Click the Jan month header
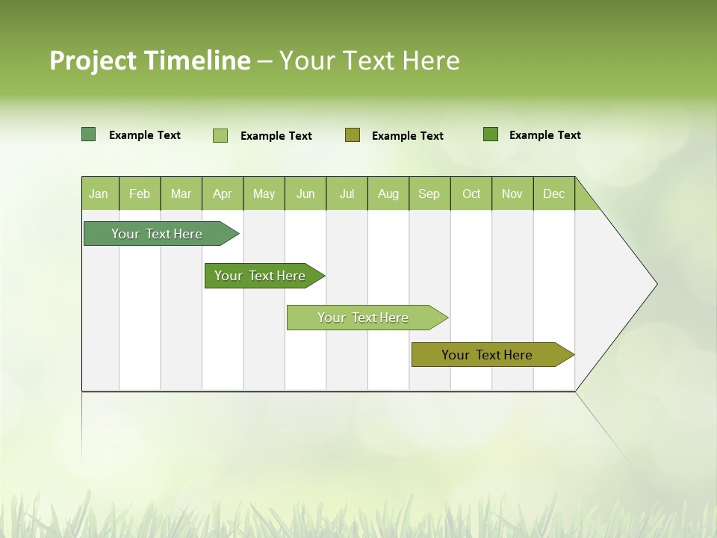(99, 194)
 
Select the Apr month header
(222, 194)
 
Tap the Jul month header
(347, 194)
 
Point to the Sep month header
(429, 194)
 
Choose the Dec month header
(553, 194)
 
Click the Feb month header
(140, 194)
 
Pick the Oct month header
(471, 194)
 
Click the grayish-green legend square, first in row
(88, 134)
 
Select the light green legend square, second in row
(220, 135)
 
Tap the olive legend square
(353, 135)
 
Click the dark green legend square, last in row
(491, 134)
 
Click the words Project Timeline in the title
(149, 61)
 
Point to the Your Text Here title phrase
(369, 61)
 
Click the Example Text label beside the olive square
(407, 136)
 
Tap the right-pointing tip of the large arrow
(654, 284)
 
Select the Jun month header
(305, 194)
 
